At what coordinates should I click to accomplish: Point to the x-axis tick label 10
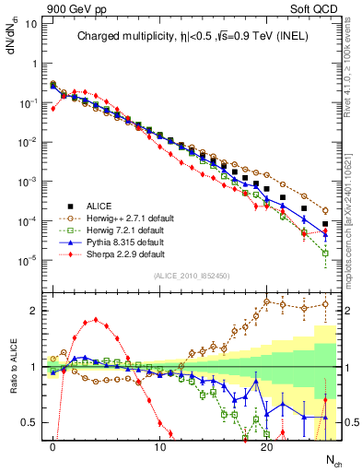click(159, 447)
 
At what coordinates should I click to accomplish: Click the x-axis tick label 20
click(266, 447)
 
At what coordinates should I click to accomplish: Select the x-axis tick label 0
click(53, 447)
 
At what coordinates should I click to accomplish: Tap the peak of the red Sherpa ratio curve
click(96, 320)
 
